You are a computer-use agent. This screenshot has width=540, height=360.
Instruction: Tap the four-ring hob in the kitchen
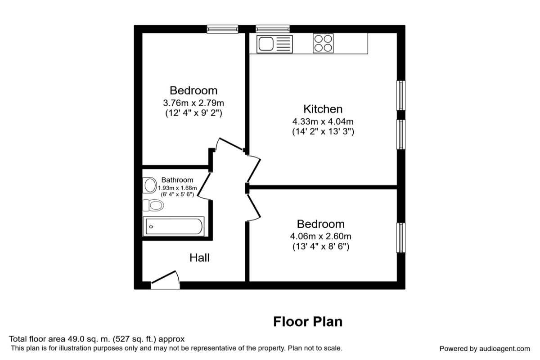[x=323, y=44]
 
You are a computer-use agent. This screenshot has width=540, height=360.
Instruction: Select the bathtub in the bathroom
[x=173, y=226]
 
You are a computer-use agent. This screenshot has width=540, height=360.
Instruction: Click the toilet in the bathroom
[x=153, y=206]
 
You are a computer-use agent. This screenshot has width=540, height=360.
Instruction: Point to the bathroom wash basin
[x=148, y=185]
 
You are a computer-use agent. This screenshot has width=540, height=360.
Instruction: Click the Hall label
[x=199, y=258]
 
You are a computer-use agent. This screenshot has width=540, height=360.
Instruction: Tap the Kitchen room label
[x=323, y=109]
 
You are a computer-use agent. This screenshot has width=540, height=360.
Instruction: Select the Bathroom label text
[x=177, y=180]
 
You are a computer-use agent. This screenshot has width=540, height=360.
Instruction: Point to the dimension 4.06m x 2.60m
[x=320, y=236]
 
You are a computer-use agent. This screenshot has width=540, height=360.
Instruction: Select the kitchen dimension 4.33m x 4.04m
[x=323, y=121]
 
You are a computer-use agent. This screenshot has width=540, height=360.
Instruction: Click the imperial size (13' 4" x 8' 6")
[x=320, y=247]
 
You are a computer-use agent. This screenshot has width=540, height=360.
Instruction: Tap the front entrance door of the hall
[x=165, y=280]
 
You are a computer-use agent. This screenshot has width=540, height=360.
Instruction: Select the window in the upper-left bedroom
[x=223, y=29]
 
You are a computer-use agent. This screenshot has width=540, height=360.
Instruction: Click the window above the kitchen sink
[x=273, y=29]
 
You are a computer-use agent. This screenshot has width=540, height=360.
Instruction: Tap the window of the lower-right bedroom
[x=400, y=238]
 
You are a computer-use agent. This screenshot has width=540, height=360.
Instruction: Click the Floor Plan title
[x=308, y=322]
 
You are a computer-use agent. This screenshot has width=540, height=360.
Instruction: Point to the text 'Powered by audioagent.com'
[x=485, y=348]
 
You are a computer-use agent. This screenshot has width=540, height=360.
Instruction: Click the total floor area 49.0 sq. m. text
[x=97, y=339]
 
